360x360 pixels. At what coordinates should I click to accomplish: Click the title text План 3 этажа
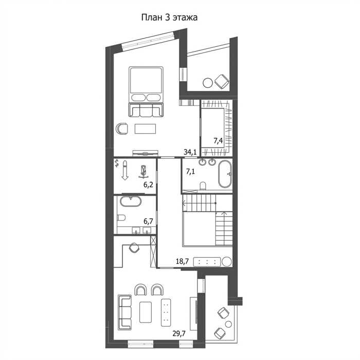click(169, 17)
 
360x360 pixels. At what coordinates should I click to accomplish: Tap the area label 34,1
click(190, 152)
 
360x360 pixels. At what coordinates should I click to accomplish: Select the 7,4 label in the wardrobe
click(218, 140)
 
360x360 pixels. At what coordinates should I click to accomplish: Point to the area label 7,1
click(190, 171)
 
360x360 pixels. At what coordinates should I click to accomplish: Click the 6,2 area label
click(148, 185)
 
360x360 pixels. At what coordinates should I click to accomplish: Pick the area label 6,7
click(148, 221)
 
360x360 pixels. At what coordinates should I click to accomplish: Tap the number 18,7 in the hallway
click(182, 261)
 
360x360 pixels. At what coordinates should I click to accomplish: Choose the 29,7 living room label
click(179, 333)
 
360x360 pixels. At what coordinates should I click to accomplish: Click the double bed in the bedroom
click(146, 92)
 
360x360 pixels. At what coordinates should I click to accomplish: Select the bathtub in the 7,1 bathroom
click(225, 174)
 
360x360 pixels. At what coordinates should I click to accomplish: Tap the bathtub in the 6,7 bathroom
click(131, 202)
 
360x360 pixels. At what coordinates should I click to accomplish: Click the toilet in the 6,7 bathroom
click(121, 218)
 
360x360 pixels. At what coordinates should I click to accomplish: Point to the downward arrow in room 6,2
click(125, 170)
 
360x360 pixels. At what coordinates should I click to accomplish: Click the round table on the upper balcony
click(208, 83)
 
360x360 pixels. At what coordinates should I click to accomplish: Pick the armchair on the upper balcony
click(222, 81)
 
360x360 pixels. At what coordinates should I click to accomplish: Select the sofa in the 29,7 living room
click(124, 313)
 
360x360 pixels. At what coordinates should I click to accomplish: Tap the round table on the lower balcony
click(228, 324)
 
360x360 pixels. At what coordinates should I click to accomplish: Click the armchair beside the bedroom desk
click(122, 129)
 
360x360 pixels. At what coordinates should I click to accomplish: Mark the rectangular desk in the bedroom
click(146, 129)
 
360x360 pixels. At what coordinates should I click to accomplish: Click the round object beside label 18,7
click(227, 261)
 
